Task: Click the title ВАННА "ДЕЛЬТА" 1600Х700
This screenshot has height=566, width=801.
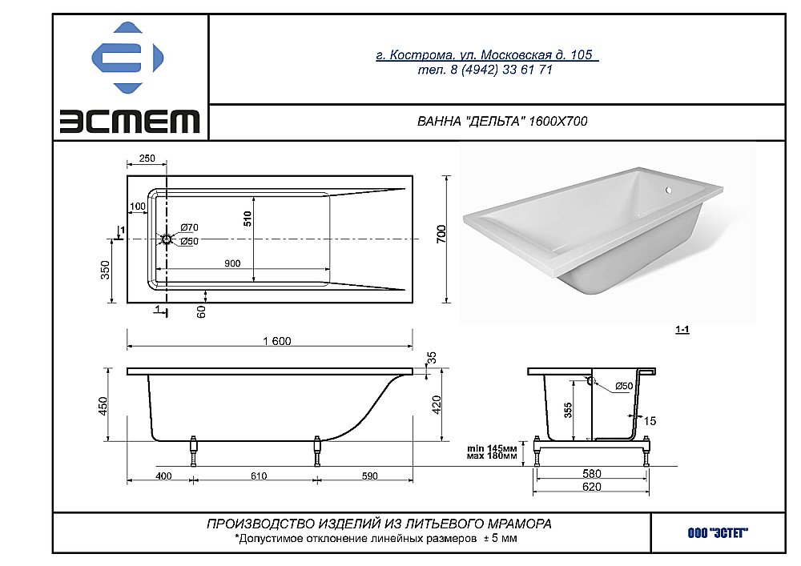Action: click(503, 122)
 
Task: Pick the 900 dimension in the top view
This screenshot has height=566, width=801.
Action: click(233, 263)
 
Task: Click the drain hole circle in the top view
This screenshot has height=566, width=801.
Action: click(166, 239)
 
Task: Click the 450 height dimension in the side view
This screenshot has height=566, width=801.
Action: click(103, 407)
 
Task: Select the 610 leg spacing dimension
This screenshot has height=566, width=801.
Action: click(258, 476)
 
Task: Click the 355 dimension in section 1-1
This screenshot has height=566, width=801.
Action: click(567, 410)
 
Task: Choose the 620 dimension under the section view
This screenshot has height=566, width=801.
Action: click(594, 486)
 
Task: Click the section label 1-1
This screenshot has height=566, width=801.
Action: click(682, 329)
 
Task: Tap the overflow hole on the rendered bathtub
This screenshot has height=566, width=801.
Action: click(669, 191)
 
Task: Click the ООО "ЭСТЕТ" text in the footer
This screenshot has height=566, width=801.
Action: click(717, 532)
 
